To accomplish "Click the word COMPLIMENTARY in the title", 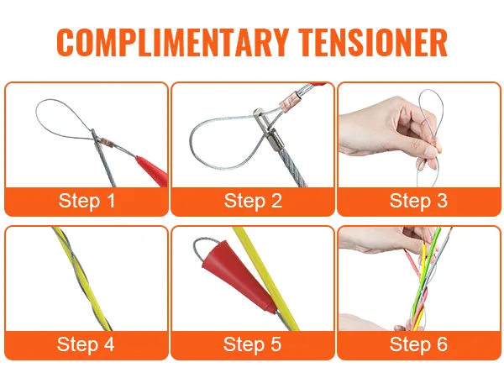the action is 172,43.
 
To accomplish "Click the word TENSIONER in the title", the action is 372,43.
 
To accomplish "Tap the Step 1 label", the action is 87,201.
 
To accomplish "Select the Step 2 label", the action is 253,201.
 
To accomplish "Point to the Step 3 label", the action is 418,201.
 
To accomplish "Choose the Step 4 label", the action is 86,344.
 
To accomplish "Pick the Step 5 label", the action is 252,344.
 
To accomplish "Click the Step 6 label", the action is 418,344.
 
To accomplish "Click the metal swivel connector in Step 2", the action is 268,130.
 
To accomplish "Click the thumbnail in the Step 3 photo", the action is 432,151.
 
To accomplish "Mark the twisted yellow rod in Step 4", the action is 81,278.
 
